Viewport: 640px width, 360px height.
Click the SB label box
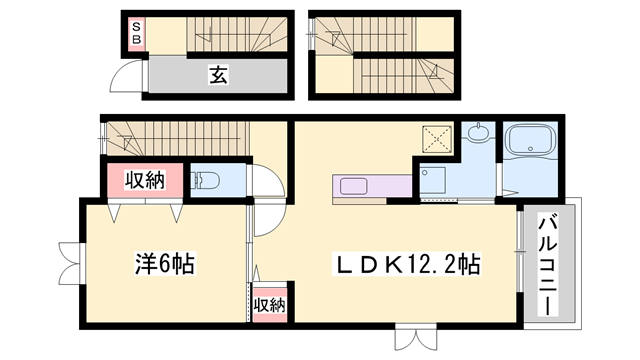136,34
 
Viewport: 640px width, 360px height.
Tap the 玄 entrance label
218,75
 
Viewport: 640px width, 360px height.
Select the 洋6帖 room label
164,263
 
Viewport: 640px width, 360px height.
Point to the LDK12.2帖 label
407,264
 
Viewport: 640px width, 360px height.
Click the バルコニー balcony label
548,264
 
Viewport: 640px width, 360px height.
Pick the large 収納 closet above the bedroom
145,180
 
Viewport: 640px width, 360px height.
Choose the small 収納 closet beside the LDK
269,305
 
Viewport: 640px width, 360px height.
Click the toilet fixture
205,180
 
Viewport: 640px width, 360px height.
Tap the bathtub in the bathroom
530,140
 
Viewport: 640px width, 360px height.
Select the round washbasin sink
477,132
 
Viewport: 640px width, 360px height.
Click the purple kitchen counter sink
353,187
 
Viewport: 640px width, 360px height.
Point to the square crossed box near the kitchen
437,139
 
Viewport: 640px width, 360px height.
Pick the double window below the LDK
416,337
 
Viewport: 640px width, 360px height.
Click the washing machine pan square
433,180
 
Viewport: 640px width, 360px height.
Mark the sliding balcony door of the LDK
520,252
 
